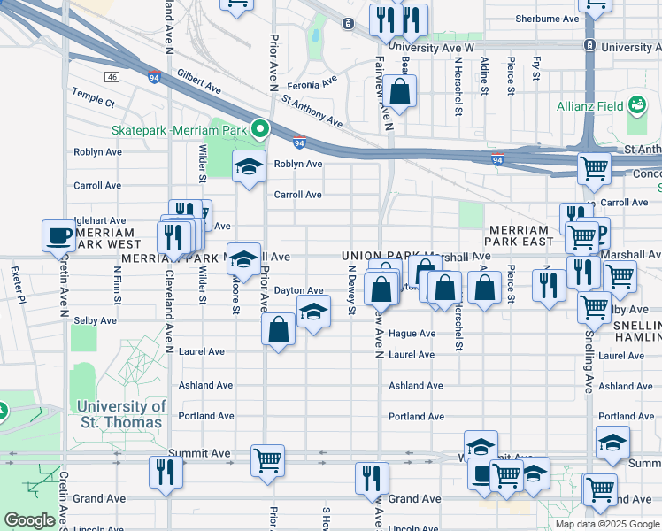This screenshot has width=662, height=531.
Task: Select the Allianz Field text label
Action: click(586, 107)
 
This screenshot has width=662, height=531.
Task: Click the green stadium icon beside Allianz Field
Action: click(635, 106)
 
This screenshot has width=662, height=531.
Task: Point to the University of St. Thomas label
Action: click(120, 414)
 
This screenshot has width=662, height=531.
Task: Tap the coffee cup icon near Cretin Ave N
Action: click(59, 235)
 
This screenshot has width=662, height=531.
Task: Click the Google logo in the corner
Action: click(29, 520)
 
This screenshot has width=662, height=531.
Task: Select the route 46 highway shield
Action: click(112, 77)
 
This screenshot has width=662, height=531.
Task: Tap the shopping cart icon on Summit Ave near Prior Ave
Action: click(268, 459)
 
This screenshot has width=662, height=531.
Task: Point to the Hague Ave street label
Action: click(412, 334)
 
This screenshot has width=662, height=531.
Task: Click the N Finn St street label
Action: click(117, 284)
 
